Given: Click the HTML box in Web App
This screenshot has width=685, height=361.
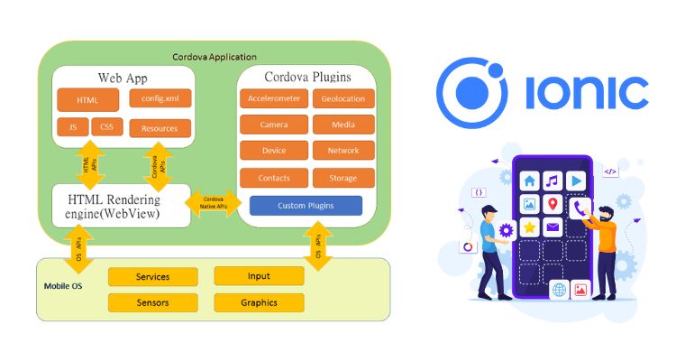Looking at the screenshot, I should pos(88,99).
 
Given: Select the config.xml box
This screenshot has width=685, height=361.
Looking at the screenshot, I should pos(160,97).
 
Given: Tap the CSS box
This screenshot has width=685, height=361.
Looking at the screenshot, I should pos(106,127).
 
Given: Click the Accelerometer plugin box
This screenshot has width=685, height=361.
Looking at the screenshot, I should pos(274,99).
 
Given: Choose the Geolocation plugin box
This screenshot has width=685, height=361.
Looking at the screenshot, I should pos(343,99).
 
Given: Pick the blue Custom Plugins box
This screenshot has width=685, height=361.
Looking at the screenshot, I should pos(306,206).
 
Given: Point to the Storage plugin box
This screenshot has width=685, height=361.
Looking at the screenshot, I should pos(343,178).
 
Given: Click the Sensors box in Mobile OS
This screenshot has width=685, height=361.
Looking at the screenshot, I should pos(152,302).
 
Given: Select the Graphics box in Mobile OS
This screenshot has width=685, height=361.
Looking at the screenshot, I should pos(259,302).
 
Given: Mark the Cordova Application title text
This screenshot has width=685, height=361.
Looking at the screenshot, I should pos(215,57).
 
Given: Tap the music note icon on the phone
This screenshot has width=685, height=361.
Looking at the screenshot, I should pos(553,180).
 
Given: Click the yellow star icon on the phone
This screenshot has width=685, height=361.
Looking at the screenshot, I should pos(529,228).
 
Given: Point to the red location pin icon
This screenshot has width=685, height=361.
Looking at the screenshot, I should pos(553,204).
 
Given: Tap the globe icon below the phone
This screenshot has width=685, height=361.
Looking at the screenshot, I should pos(559,290).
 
